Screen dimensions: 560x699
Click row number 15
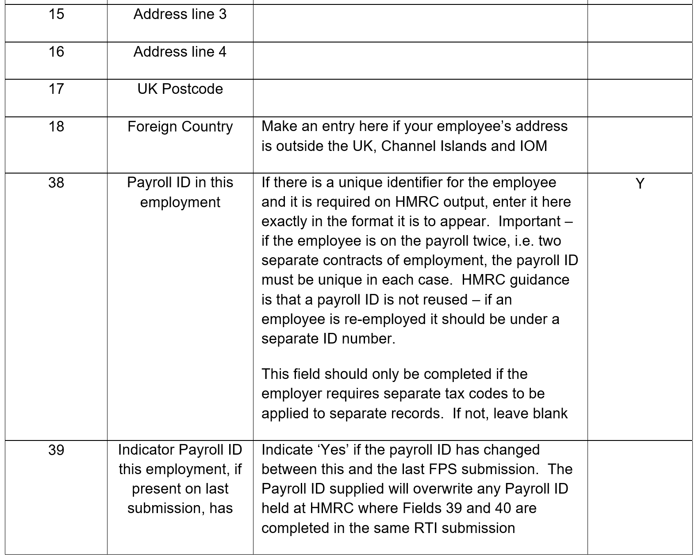pos(56,14)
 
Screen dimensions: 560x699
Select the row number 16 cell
pos(56,52)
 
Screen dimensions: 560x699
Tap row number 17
pos(56,89)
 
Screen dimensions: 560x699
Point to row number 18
pos(56,127)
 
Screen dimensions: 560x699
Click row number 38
pos(56,182)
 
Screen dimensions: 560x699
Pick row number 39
pos(56,450)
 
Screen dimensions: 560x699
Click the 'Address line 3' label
pos(180,14)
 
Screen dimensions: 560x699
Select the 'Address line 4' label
pos(180,52)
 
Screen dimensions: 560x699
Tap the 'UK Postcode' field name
pos(180,89)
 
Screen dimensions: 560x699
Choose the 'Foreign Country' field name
pos(180,127)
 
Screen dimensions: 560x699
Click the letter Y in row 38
pos(640,183)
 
